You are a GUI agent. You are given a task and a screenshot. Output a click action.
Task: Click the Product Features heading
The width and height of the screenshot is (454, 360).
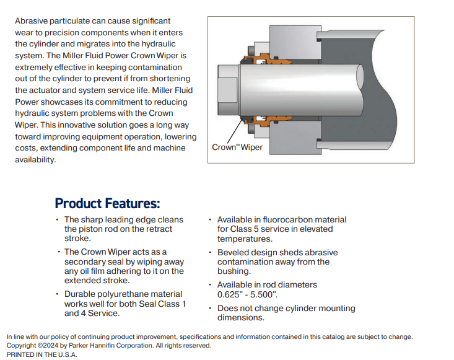(x=107, y=203)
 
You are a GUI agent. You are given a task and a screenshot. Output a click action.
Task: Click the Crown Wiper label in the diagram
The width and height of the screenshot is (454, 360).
(x=237, y=147)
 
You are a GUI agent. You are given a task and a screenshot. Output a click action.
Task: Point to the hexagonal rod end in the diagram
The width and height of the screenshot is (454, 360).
(x=229, y=90)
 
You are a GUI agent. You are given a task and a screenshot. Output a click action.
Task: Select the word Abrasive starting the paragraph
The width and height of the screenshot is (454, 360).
(x=31, y=21)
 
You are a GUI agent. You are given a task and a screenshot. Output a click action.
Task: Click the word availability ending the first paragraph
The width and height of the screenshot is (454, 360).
(x=35, y=160)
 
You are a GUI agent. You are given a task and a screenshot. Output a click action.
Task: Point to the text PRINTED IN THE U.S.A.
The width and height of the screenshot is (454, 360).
(x=41, y=354)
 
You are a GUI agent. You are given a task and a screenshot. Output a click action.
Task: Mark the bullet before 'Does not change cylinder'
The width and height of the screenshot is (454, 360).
(x=210, y=308)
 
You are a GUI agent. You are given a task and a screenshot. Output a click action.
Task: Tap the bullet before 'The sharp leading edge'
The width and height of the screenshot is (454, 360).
(x=57, y=219)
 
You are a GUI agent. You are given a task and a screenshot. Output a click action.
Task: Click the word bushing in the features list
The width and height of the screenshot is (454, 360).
(x=233, y=271)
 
